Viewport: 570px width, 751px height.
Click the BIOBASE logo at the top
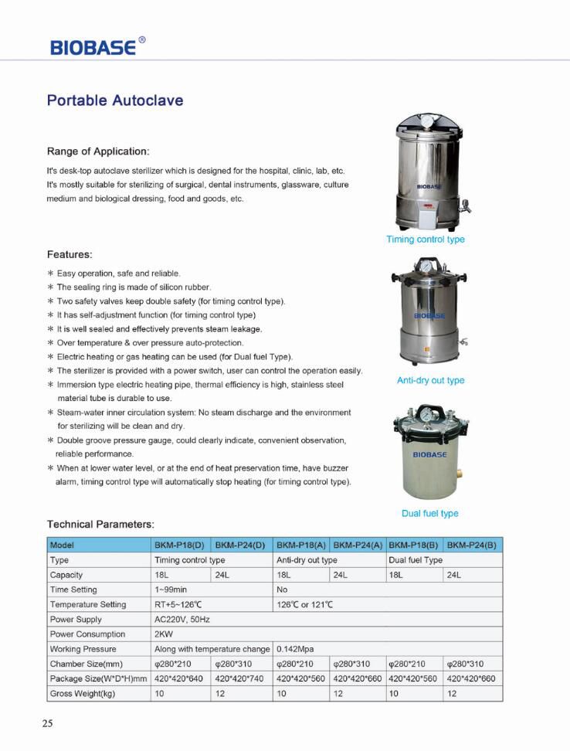(x=93, y=46)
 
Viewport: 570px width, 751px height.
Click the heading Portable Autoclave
(x=115, y=101)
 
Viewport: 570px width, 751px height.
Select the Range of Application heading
(x=98, y=151)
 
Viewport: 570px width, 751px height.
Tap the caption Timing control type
(x=426, y=240)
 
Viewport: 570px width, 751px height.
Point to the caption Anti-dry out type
(x=430, y=380)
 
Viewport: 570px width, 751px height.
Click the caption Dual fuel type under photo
(x=429, y=513)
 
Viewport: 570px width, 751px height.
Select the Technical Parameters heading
(x=100, y=525)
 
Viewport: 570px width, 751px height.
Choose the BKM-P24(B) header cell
(x=473, y=545)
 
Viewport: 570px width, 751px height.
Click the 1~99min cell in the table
(x=171, y=590)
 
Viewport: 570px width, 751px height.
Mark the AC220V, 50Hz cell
(x=182, y=620)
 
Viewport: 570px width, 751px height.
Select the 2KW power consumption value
(x=164, y=634)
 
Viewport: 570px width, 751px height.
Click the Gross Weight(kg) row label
(x=83, y=693)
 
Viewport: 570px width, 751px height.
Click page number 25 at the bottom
(x=47, y=724)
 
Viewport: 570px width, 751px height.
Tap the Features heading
(x=70, y=254)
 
